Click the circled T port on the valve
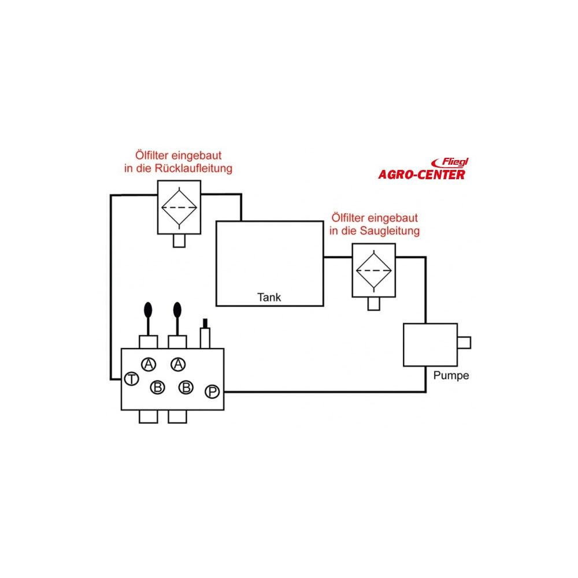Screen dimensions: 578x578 click(131, 379)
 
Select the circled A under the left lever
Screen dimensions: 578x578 click(149, 364)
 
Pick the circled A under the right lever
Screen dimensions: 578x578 click(178, 364)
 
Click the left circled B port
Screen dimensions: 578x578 click(157, 387)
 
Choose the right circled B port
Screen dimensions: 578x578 click(186, 387)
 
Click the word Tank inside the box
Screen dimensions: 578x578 click(269, 297)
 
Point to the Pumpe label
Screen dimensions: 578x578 click(451, 375)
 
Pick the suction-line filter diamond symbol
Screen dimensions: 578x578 click(373, 270)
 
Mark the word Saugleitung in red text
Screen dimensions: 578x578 click(391, 231)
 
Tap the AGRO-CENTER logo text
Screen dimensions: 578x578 click(421, 175)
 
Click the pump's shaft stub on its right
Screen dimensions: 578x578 click(464, 343)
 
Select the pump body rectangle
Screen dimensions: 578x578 click(430, 344)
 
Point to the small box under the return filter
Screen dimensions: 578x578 click(179, 240)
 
